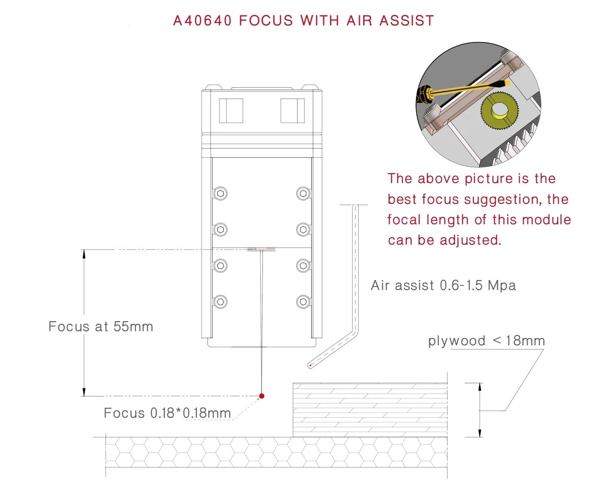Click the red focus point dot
[x=262, y=396]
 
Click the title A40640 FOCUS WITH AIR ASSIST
[x=303, y=20]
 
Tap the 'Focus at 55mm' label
[x=101, y=327]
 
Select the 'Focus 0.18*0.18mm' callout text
[x=167, y=413]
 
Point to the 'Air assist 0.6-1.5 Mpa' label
[x=443, y=285]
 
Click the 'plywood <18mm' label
[x=486, y=341]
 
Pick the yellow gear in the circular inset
[x=499, y=111]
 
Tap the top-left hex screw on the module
[x=220, y=193]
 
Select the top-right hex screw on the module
[x=303, y=193]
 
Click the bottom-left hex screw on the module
[x=220, y=302]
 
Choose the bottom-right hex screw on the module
[x=303, y=302]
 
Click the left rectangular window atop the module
[x=231, y=111]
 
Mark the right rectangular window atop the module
[x=292, y=111]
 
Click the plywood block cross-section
[x=370, y=410]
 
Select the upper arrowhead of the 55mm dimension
[x=84, y=254]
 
